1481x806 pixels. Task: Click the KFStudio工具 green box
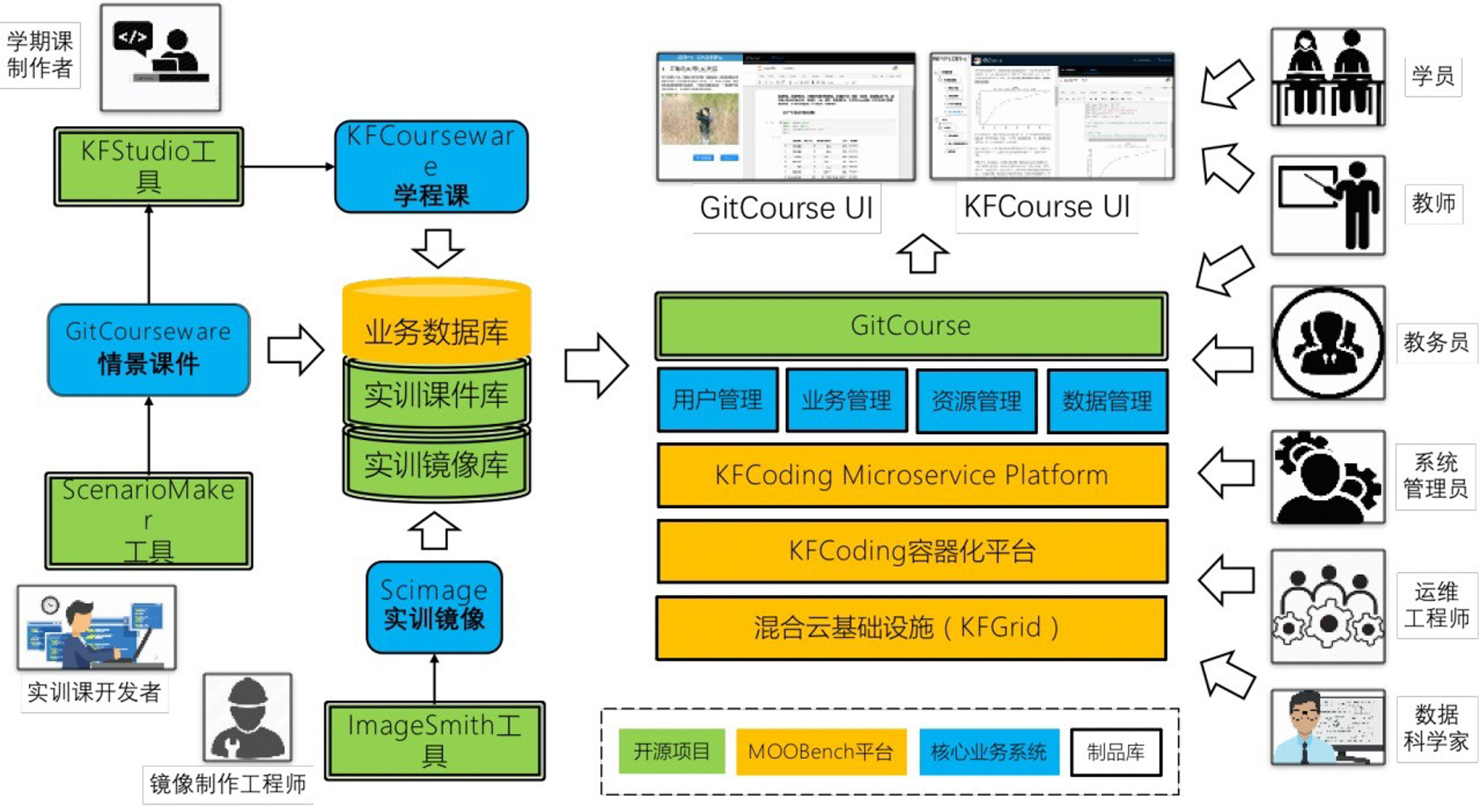(148, 166)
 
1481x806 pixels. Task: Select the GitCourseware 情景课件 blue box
(148, 349)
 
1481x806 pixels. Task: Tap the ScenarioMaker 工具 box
(148, 521)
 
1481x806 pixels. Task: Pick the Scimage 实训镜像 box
(434, 606)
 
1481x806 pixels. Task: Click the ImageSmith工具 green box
(435, 740)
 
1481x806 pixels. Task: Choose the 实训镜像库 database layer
(436, 464)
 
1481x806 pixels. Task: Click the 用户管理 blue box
(717, 400)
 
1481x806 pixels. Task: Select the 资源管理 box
(976, 401)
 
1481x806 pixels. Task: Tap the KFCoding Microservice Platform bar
(912, 475)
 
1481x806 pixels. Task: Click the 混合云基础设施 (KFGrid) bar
(912, 627)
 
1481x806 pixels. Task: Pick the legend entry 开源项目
(671, 751)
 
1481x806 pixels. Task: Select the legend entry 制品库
(1115, 752)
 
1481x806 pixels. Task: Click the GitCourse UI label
(786, 208)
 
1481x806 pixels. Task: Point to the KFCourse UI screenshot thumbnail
(1052, 116)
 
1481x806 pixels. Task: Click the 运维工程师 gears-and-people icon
(1328, 606)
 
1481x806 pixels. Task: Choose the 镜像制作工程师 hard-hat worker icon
(247, 716)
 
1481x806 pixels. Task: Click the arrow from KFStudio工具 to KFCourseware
(289, 166)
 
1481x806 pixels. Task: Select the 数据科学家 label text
(1437, 727)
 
